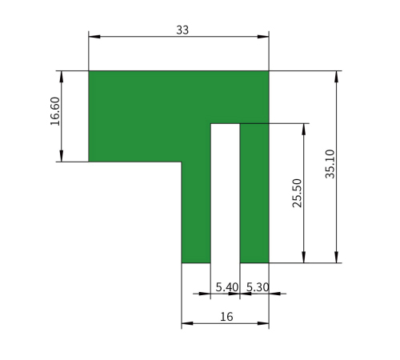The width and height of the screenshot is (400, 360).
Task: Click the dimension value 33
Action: click(182, 30)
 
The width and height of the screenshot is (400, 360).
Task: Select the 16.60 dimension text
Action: click(55, 111)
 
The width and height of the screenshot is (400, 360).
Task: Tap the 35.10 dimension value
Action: click(330, 164)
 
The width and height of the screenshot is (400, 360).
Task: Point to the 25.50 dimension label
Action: click(297, 193)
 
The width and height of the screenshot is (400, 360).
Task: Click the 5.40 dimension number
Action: click(227, 287)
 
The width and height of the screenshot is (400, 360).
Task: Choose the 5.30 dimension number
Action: click(258, 287)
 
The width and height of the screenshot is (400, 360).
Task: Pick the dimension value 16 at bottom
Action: click(226, 317)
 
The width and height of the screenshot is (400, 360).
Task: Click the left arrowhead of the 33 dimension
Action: click(94, 37)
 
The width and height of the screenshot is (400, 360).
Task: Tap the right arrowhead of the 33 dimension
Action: click(263, 37)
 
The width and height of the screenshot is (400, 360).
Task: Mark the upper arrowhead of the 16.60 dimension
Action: click(62, 77)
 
